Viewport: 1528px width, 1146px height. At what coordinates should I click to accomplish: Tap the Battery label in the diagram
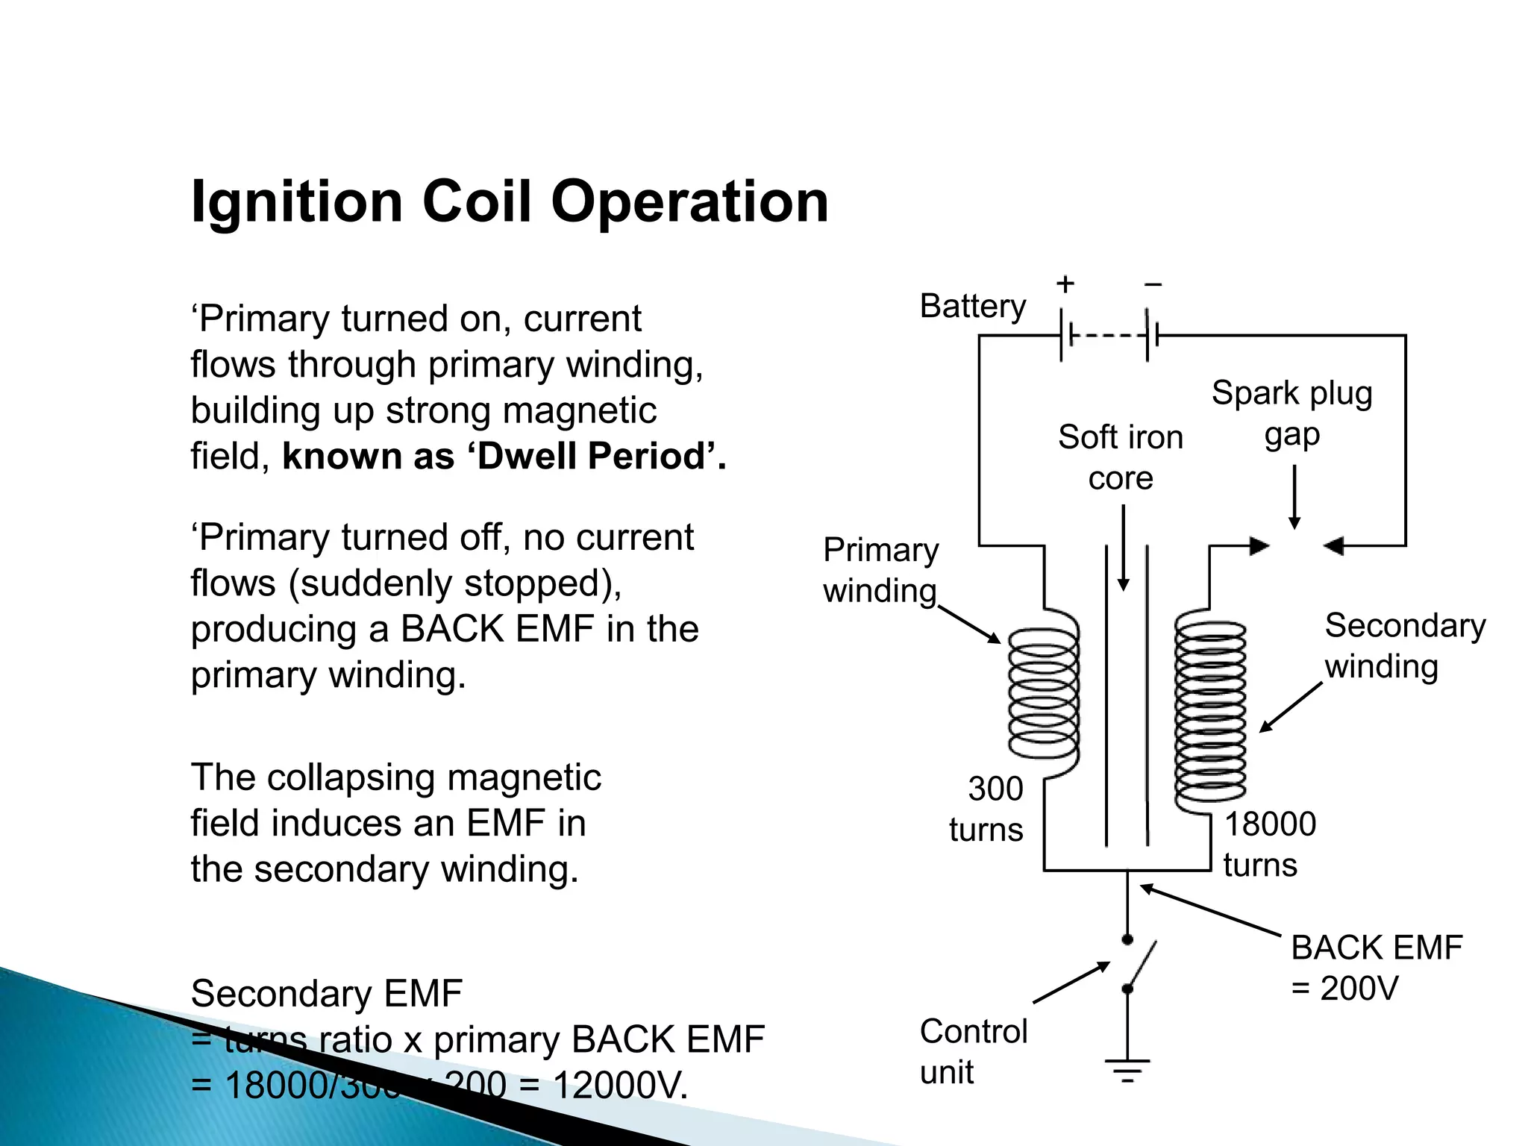pos(972,306)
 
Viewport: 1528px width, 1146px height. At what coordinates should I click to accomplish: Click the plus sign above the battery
pos(1065,284)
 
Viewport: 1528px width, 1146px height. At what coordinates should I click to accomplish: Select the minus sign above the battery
pos(1153,284)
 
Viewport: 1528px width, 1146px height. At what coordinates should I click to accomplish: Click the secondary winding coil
pos(1209,713)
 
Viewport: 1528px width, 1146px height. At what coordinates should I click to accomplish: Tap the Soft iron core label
pos(1121,457)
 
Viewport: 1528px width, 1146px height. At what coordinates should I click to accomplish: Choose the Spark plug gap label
pos(1291,413)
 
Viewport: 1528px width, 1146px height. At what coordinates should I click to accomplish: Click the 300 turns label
pos(987,809)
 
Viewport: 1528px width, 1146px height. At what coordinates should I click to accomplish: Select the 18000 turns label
pos(1269,844)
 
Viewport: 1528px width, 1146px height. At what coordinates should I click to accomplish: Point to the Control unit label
pos(973,1051)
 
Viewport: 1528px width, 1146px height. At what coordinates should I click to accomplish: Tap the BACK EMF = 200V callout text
pos(1376,968)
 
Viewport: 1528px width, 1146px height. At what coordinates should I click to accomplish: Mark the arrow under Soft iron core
pos(1123,548)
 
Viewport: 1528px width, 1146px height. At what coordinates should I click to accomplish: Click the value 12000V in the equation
pos(619,1086)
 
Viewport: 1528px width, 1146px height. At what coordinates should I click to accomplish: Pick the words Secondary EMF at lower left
pos(326,994)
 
